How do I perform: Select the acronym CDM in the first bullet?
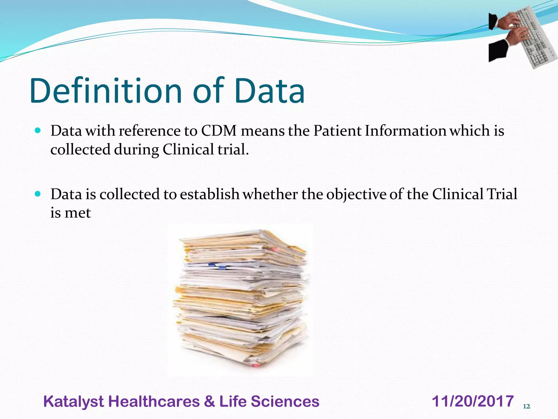[x=219, y=131]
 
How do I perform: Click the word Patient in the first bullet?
[x=337, y=131]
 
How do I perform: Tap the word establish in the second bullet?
[x=210, y=194]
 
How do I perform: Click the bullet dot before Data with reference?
[x=38, y=131]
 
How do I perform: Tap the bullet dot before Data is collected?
[x=38, y=194]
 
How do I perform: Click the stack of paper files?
[x=241, y=300]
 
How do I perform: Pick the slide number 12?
[x=527, y=407]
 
